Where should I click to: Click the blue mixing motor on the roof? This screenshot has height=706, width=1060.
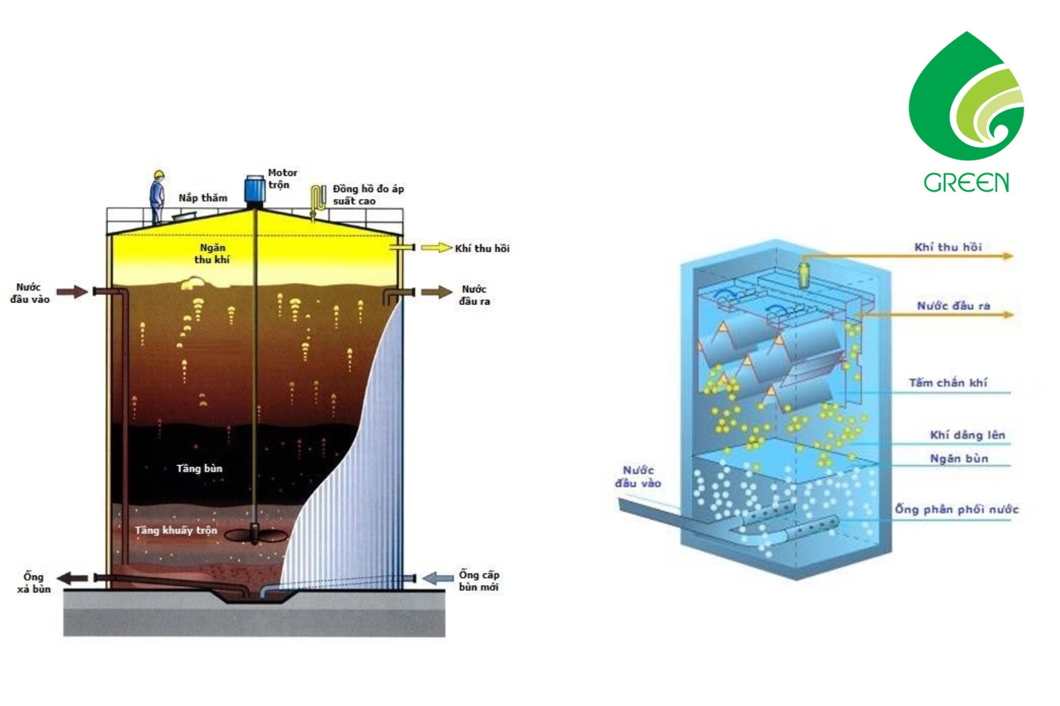point(254,190)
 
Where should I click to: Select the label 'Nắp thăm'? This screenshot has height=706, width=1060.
point(203,198)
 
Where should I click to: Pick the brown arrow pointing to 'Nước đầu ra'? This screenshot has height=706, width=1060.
point(436,292)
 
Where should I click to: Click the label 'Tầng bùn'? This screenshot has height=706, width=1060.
point(199,468)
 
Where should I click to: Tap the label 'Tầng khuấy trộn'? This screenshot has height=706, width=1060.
point(176,530)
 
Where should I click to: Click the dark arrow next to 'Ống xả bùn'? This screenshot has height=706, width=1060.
point(73,578)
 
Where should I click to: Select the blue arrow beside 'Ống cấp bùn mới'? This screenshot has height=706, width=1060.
point(438,577)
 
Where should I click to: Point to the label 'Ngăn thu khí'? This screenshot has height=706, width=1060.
point(212,254)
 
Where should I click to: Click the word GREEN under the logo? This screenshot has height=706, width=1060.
point(966,183)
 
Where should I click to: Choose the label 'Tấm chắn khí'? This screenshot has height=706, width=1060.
point(948,382)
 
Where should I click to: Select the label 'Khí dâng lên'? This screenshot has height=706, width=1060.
point(967,435)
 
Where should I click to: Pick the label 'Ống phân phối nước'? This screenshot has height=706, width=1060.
point(956,509)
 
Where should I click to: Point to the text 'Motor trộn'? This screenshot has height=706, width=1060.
point(282,178)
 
